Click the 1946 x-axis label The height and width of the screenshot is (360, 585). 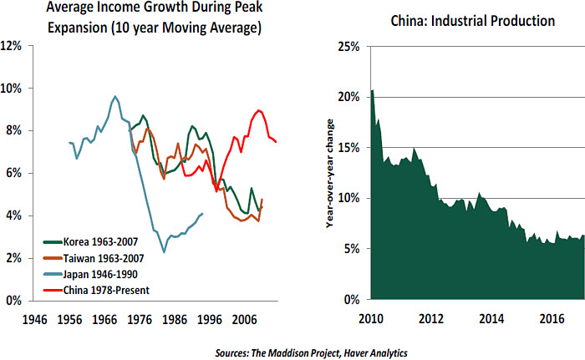[x=34, y=319]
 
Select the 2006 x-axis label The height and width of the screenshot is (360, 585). [x=245, y=319]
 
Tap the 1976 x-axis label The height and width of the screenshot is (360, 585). [x=140, y=319]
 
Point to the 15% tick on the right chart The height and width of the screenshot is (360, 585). [x=347, y=148]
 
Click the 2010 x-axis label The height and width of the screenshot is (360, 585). [x=371, y=319]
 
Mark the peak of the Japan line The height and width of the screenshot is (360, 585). [x=115, y=96]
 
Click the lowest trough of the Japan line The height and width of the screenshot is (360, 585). [x=164, y=251]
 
